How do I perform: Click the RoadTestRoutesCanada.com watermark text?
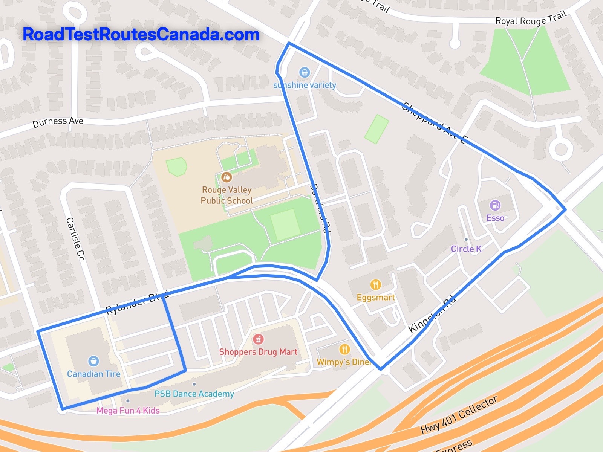pyautogui.click(x=141, y=34)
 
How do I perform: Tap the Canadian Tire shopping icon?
pyautogui.click(x=93, y=361)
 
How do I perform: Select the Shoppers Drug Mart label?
pyautogui.click(x=258, y=352)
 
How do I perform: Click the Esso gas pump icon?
pyautogui.click(x=495, y=205)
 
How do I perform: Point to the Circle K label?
pyautogui.click(x=466, y=249)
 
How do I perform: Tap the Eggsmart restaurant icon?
pyautogui.click(x=375, y=284)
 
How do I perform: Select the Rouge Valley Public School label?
pyautogui.click(x=227, y=195)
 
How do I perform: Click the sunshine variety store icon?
pyautogui.click(x=304, y=72)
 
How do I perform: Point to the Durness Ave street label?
pyautogui.click(x=58, y=122)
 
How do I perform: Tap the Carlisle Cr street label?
pyautogui.click(x=75, y=238)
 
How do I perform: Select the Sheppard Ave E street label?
pyautogui.click(x=433, y=122)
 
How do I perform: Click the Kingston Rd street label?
pyautogui.click(x=432, y=315)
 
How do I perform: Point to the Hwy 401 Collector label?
pyautogui.click(x=459, y=415)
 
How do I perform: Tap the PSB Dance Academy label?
pyautogui.click(x=194, y=394)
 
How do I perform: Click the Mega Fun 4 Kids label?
pyautogui.click(x=128, y=410)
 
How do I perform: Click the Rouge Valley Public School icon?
pyautogui.click(x=227, y=177)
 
